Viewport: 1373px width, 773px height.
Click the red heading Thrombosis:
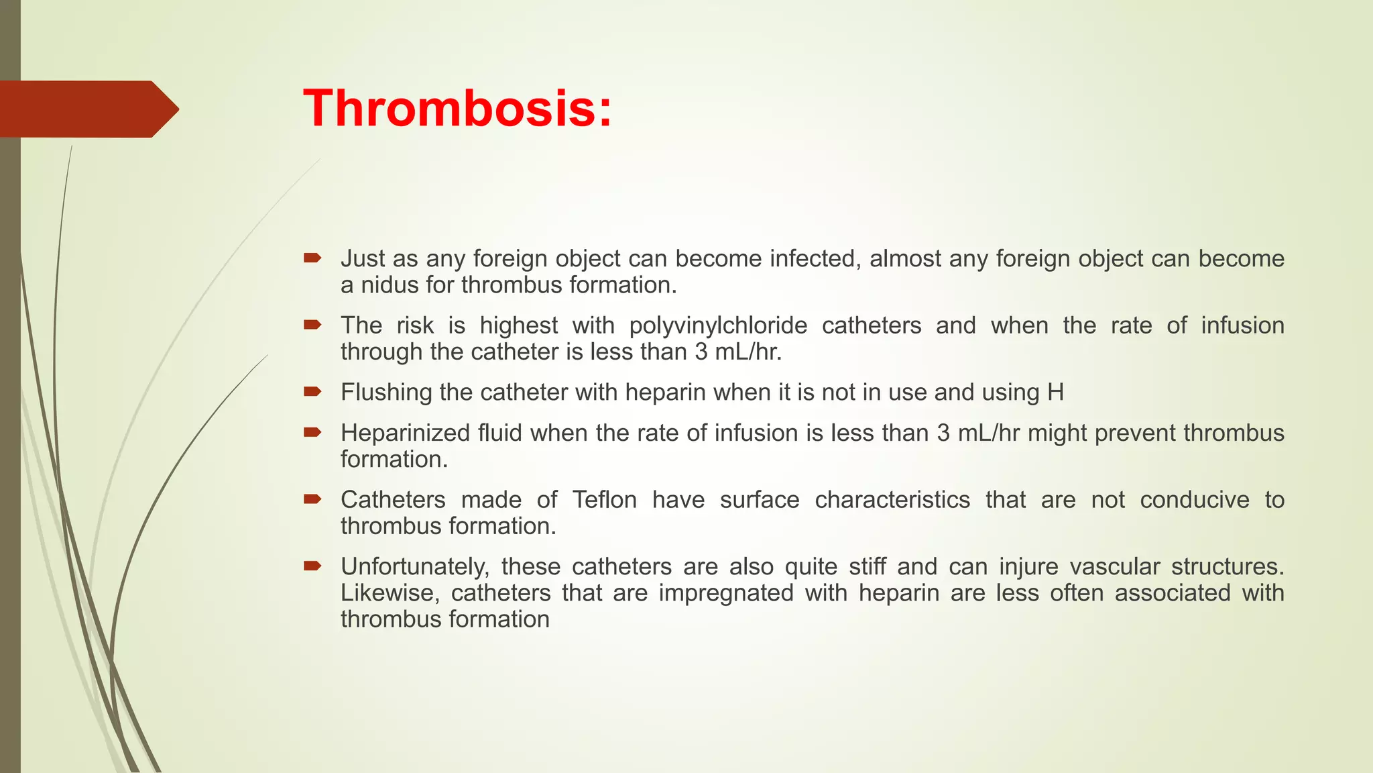pyautogui.click(x=458, y=109)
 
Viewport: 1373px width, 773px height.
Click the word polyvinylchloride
pyautogui.click(x=718, y=325)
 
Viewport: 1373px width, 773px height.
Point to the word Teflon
pyautogui.click(x=604, y=500)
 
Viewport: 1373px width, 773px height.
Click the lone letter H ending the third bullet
pyautogui.click(x=1055, y=393)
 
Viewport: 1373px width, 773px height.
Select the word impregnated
pyautogui.click(x=726, y=593)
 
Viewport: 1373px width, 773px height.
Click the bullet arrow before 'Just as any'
pyautogui.click(x=312, y=258)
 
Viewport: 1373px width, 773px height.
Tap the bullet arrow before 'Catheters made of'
pyautogui.click(x=312, y=499)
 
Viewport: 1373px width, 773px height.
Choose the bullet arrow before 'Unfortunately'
pyautogui.click(x=312, y=566)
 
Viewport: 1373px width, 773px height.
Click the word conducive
pyautogui.click(x=1195, y=500)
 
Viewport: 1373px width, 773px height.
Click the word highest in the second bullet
pyautogui.click(x=518, y=325)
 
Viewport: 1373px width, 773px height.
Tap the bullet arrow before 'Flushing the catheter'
pyautogui.click(x=312, y=391)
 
